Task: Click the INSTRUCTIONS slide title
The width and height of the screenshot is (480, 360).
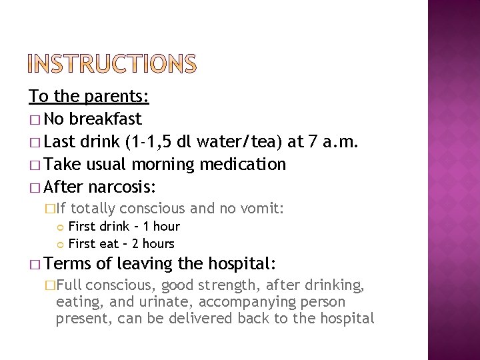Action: pyautogui.click(x=113, y=65)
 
